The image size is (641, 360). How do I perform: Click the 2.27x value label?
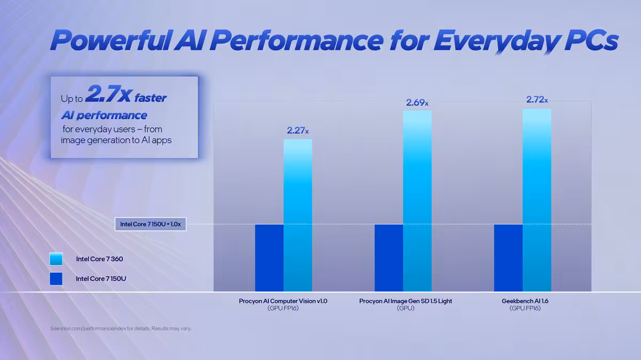click(x=298, y=130)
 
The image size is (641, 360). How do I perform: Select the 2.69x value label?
click(x=417, y=103)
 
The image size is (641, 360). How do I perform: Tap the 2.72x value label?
click(x=536, y=99)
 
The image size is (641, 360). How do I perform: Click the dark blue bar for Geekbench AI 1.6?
click(x=508, y=257)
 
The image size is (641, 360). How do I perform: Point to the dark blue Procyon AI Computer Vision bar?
click(x=269, y=257)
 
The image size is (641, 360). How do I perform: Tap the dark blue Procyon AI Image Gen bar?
click(x=389, y=257)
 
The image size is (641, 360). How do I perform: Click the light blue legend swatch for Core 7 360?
click(x=56, y=259)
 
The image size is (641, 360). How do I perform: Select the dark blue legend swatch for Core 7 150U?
click(x=56, y=278)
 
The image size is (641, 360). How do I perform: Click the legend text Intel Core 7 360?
click(x=99, y=259)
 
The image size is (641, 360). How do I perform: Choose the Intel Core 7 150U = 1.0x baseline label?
click(x=150, y=224)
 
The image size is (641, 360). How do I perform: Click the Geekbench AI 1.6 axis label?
click(x=525, y=301)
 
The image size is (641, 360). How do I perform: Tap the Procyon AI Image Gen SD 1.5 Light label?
click(x=405, y=301)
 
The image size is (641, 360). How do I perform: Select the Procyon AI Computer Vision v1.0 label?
click(x=283, y=301)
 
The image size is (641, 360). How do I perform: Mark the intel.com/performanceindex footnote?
click(x=120, y=328)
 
